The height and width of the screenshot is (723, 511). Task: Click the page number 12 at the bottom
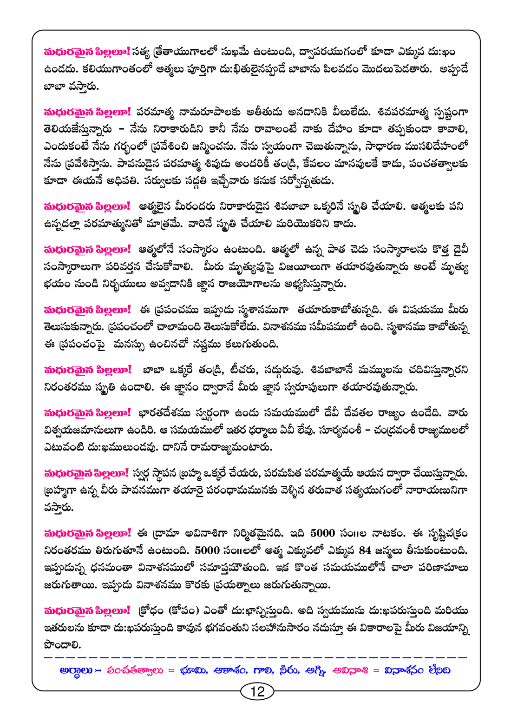pos(257,691)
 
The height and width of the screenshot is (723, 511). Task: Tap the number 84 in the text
pos(365,551)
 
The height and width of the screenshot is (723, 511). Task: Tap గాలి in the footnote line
pos(263,670)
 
